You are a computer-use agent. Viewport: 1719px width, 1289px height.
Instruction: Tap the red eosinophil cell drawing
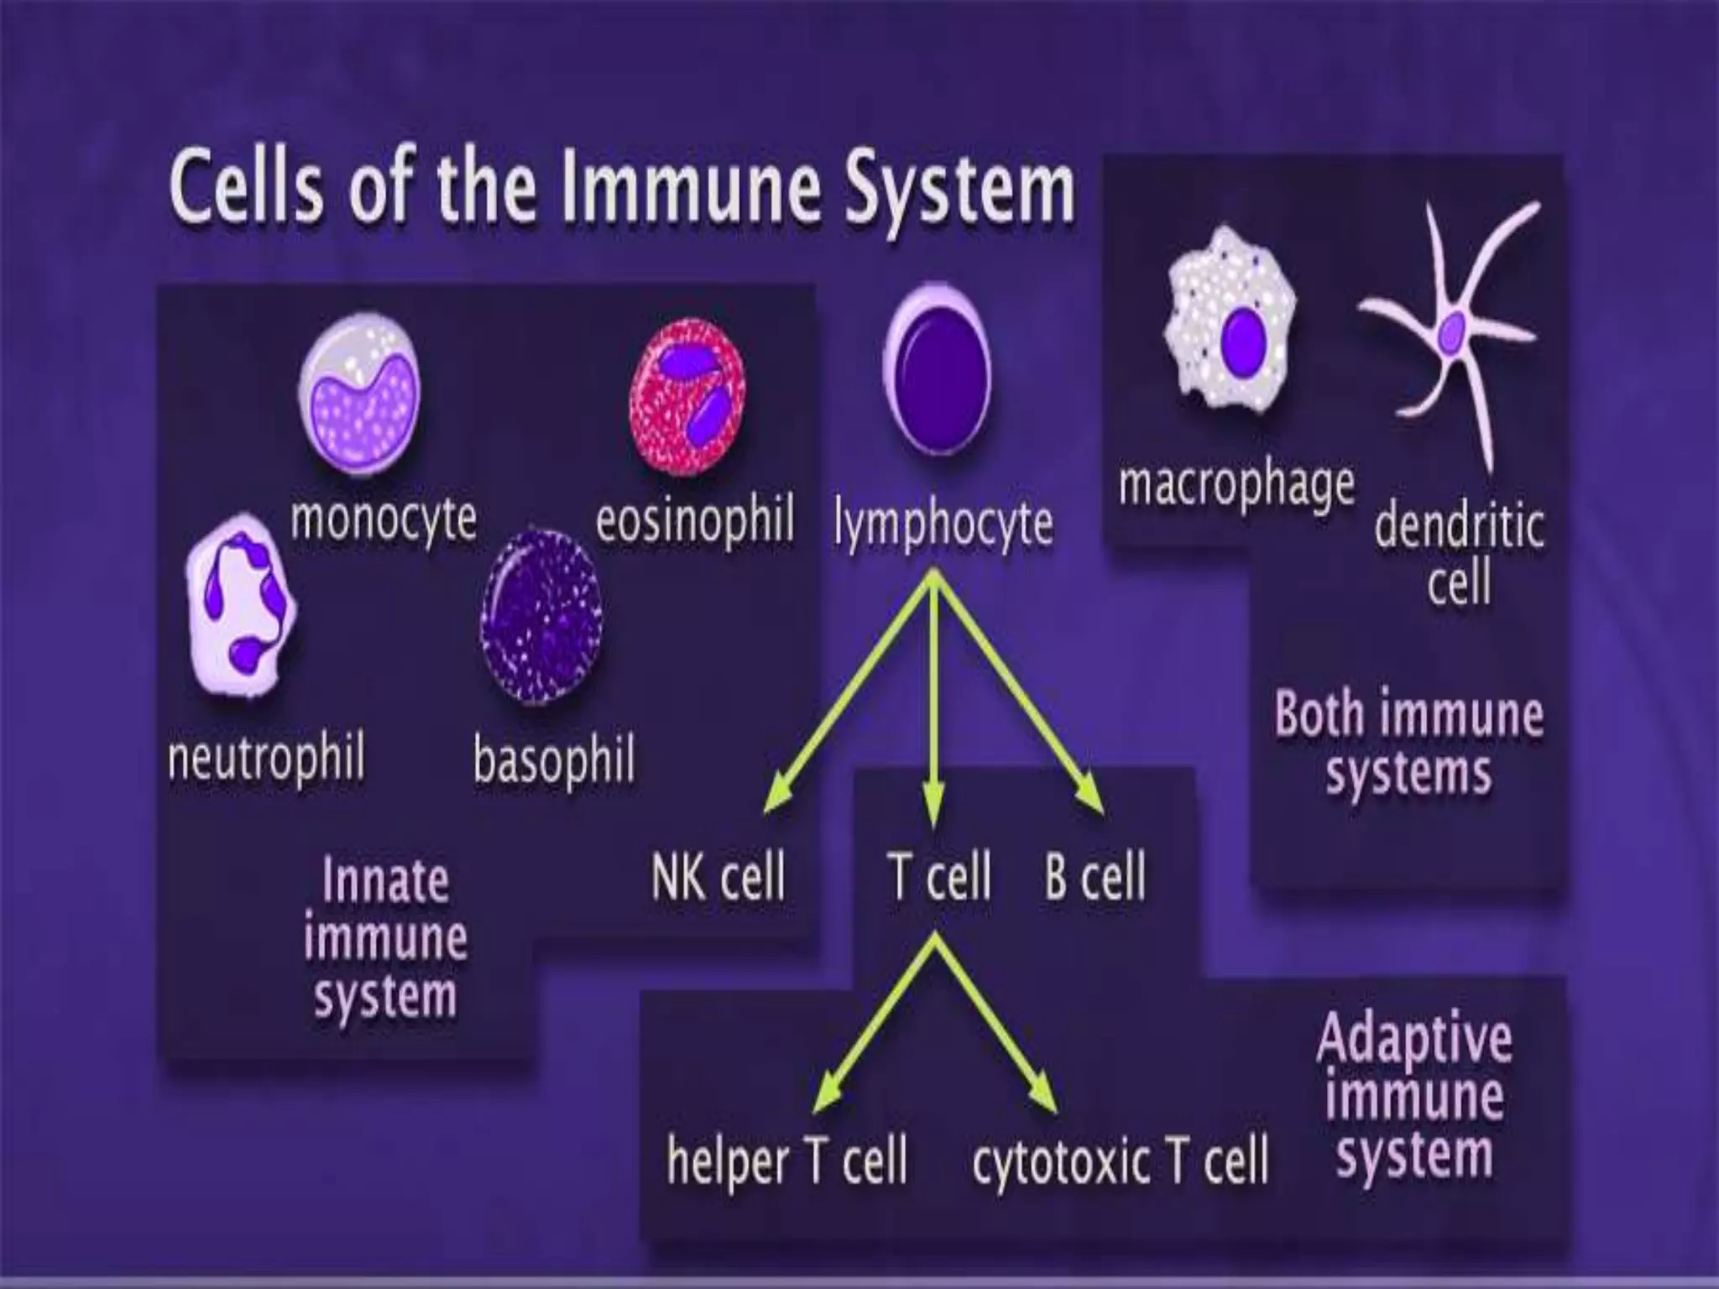pos(687,393)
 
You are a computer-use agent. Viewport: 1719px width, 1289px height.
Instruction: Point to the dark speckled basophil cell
pos(541,617)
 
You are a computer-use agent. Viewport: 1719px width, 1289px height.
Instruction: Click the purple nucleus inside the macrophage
pos(1243,342)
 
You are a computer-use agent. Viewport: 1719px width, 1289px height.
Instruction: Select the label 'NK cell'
pos(718,876)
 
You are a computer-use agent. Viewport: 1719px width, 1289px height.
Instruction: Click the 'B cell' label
pos(1095,876)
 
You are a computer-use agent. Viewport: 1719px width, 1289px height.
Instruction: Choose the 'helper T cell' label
pos(787,1161)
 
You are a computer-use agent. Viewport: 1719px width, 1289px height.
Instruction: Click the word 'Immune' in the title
pos(691,189)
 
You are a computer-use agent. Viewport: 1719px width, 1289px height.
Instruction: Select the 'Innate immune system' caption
pos(385,938)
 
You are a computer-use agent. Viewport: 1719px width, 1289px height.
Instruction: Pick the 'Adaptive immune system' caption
pos(1415,1095)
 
